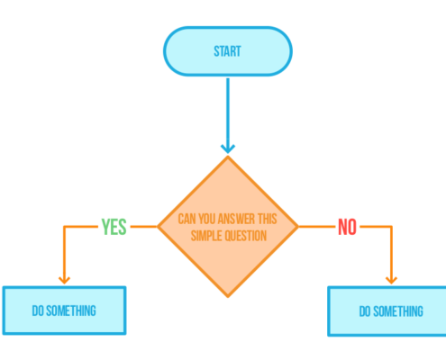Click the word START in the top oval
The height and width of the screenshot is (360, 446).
227,51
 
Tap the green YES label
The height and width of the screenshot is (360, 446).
114,227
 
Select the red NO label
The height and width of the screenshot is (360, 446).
347,227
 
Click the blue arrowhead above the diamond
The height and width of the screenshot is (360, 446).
228,148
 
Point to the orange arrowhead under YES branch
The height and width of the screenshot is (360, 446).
64,280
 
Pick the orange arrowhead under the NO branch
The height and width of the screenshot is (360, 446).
391,280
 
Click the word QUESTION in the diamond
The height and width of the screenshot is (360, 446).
246,236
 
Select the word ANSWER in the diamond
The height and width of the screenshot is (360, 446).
236,219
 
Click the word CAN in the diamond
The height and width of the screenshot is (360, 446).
187,219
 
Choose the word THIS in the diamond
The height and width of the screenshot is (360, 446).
267,219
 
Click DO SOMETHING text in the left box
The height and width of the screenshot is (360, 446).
64,310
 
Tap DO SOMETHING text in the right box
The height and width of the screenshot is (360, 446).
391,311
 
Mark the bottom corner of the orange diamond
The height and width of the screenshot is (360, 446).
228,297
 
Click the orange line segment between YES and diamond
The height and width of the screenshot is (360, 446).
144,227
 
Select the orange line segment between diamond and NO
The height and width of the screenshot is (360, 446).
316,227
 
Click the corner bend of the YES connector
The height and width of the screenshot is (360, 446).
64,227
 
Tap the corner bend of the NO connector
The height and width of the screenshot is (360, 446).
391,227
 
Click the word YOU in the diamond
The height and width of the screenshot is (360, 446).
207,219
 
